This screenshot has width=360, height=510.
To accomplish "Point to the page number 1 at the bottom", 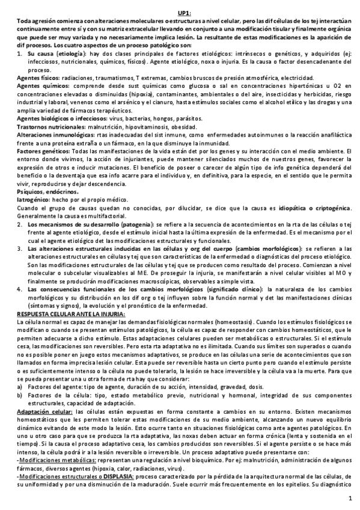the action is coord(350,499).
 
